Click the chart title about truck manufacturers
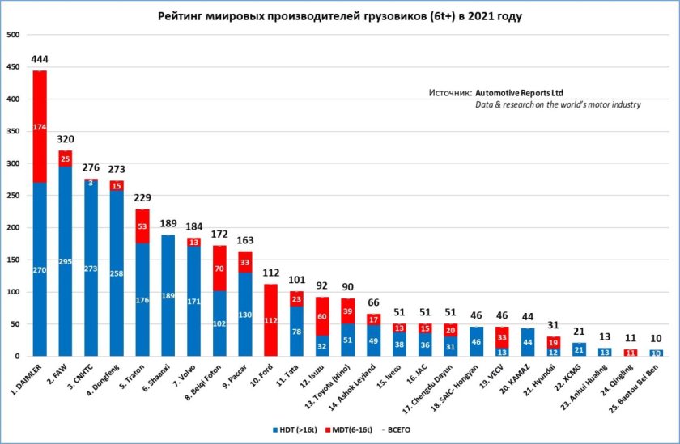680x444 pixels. [x=339, y=15]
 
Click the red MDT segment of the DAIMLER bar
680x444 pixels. [x=40, y=127]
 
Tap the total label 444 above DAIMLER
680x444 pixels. [x=40, y=59]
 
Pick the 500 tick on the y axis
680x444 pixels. [x=14, y=36]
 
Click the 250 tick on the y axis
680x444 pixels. [x=14, y=196]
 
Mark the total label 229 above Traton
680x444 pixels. [x=143, y=198]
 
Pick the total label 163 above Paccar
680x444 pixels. [x=246, y=241]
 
